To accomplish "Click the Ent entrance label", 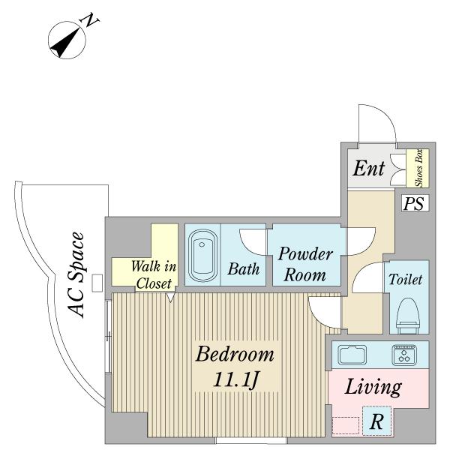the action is (x=368, y=169).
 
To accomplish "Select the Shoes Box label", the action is (x=419, y=168).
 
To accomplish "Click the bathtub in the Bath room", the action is (x=202, y=255).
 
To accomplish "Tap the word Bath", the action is (x=243, y=269).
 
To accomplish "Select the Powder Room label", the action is (x=305, y=264).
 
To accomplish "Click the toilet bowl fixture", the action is (x=407, y=316).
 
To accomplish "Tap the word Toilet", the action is (x=406, y=279).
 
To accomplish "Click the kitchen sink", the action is (x=352, y=355).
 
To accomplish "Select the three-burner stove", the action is (x=403, y=355).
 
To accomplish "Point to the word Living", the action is (x=373, y=387).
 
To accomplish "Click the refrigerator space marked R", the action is (x=376, y=421).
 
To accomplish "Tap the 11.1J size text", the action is (x=236, y=379).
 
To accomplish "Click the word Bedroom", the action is (x=235, y=354).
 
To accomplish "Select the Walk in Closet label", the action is (x=153, y=275).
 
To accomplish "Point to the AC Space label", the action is (x=76, y=274).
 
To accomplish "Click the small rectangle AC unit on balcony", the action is (x=97, y=283).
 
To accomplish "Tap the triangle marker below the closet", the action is (x=170, y=297).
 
